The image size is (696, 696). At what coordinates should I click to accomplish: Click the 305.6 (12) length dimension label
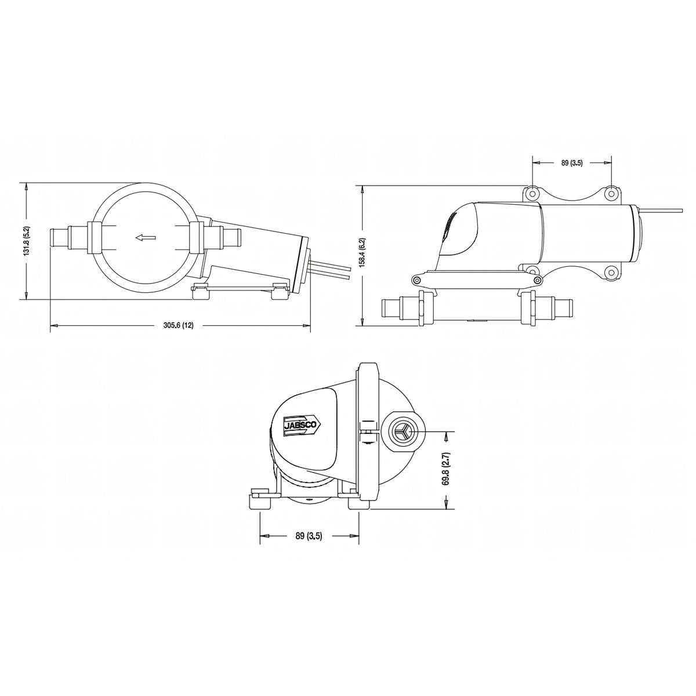coord(179,325)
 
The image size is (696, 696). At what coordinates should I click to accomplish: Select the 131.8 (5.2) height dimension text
coord(27,241)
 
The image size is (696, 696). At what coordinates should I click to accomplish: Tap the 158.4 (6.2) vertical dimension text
coord(363,252)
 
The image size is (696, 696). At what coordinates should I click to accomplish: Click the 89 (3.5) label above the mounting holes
coord(572,163)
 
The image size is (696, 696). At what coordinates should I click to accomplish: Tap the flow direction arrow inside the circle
coord(146,237)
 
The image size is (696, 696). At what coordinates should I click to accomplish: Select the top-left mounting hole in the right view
coord(533,193)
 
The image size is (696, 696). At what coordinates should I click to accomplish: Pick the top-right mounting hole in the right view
coord(611,193)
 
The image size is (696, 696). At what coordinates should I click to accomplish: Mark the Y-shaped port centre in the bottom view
coord(401,432)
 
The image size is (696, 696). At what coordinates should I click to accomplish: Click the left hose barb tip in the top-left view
coord(51,237)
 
